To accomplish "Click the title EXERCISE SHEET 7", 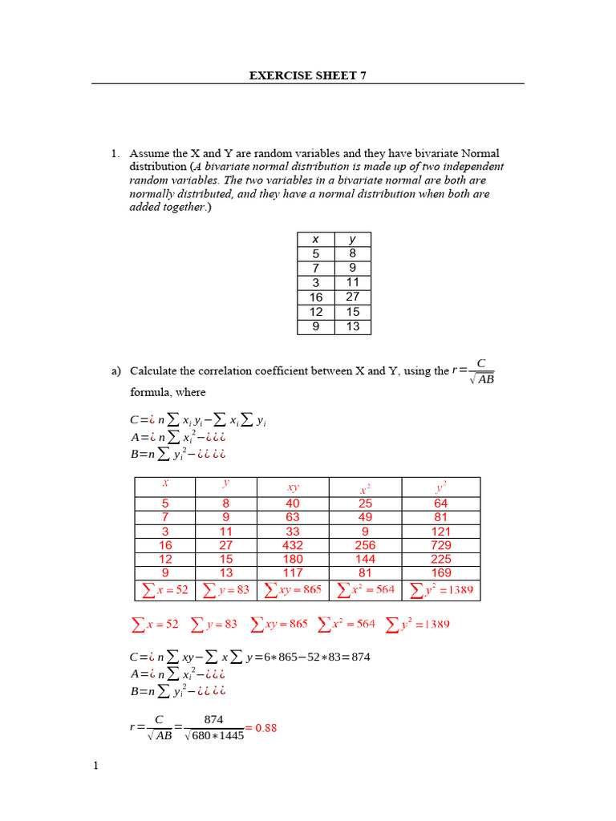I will [308, 76].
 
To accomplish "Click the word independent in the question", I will [473, 166].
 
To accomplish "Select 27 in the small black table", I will [353, 297].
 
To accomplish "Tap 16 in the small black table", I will [315, 297].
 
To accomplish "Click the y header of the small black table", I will [353, 239].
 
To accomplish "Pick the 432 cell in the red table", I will [293, 544].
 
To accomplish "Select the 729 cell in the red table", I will [440, 544].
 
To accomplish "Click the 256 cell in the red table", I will [365, 544].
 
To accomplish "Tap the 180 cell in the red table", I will [293, 559].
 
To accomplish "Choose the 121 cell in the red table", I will [440, 531].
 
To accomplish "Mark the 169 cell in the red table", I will [440, 573].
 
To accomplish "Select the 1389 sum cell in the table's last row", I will [440, 590].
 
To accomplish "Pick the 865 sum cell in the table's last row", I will [293, 590].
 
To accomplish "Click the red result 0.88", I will [266, 728].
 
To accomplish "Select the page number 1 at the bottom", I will [95, 766].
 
